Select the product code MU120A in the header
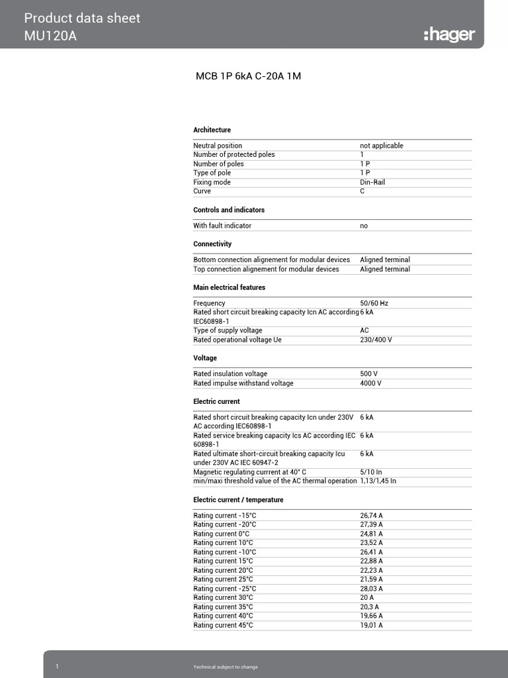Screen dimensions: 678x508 [x=50, y=36]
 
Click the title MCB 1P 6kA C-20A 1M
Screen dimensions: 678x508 [x=248, y=76]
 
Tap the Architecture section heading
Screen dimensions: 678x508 [x=212, y=130]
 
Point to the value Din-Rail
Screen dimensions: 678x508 [x=372, y=182]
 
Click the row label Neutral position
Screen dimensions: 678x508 [x=218, y=146]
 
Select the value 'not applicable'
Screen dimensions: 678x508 [x=382, y=146]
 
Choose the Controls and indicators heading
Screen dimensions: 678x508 [x=229, y=210]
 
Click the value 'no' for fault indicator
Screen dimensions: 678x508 [x=364, y=226]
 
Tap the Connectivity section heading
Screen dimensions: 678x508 [x=212, y=244]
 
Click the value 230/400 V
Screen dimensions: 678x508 [x=376, y=340]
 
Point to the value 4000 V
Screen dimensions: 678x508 [x=370, y=383]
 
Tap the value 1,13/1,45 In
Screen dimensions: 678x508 [x=378, y=481]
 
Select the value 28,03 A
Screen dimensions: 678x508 [x=372, y=589]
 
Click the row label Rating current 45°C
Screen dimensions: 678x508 [x=223, y=625]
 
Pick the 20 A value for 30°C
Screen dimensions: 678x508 [x=367, y=598]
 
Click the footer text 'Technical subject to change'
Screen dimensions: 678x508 [x=221, y=667]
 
